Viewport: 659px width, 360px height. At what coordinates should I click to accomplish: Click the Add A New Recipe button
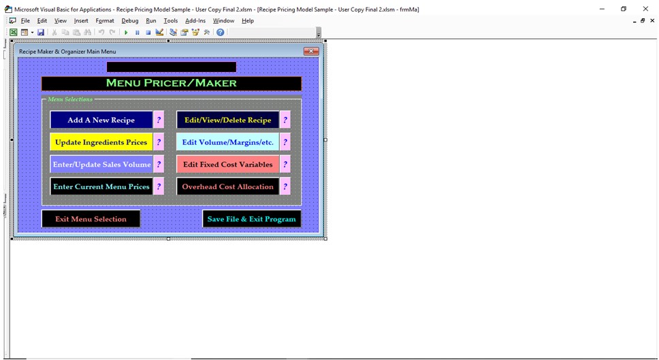(101, 120)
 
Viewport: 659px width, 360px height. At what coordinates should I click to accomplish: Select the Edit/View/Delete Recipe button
(228, 120)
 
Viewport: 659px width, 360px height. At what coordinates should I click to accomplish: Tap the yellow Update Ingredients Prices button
(101, 142)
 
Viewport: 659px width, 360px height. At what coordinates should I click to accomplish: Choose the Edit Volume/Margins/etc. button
(228, 142)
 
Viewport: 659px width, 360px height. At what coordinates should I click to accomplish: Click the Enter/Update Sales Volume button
(101, 164)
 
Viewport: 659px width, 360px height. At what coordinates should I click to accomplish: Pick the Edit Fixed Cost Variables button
(228, 164)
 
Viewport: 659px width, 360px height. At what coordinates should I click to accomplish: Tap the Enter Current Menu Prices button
(101, 186)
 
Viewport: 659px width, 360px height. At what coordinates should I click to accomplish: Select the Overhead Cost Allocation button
(228, 186)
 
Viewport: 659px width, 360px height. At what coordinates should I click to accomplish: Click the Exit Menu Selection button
(91, 219)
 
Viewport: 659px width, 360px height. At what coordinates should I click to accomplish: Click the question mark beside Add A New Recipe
(159, 120)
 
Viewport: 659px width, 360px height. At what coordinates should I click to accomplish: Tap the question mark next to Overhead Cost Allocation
(285, 186)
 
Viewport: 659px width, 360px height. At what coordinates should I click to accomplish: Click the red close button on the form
(311, 51)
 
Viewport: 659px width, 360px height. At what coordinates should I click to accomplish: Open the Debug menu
(130, 20)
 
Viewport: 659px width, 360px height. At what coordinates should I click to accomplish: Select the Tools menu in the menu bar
(171, 20)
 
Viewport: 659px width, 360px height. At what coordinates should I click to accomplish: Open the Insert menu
(81, 20)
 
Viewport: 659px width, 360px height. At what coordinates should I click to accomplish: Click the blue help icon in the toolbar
(220, 32)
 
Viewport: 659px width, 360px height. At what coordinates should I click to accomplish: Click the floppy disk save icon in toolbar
(41, 32)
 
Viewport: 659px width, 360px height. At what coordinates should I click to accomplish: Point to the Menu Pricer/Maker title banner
(172, 83)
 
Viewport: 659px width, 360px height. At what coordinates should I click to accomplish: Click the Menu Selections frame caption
(69, 99)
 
